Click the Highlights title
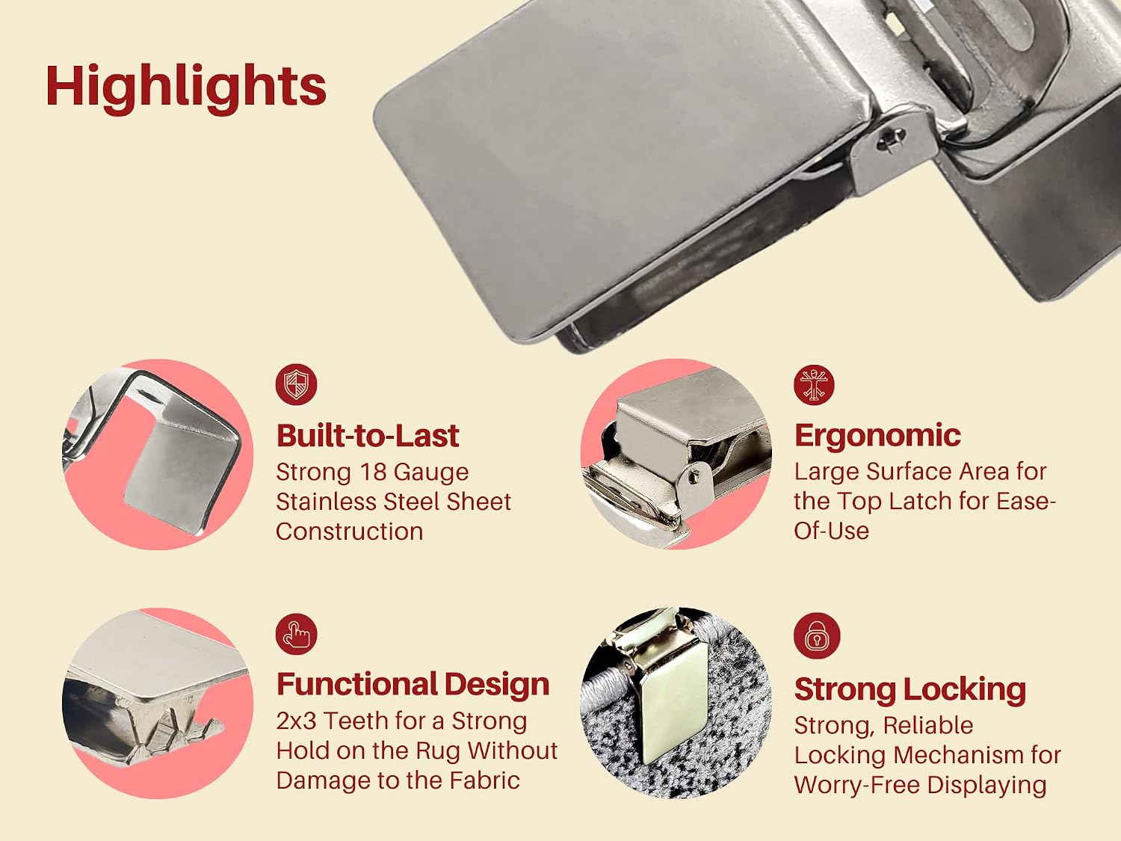pos(186,87)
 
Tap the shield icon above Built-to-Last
pos(296,384)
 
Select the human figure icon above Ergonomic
pos(814,384)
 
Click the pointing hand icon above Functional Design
pos(296,634)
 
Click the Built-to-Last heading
pos(368,436)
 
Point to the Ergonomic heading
pos(877,436)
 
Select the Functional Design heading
pos(413,684)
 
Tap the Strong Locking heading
pos(910,689)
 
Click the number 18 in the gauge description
pos(371,472)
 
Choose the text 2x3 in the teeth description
pos(296,721)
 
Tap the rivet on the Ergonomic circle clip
pos(693,477)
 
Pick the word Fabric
pos(484,780)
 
